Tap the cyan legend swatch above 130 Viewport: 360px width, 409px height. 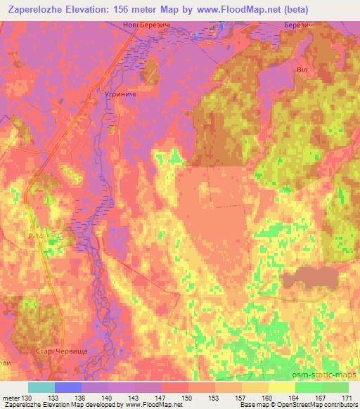(41, 387)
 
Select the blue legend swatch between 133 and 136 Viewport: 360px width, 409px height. (68, 387)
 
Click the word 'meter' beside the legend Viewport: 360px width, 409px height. (12, 398)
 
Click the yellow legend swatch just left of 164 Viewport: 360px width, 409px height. (281, 387)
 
